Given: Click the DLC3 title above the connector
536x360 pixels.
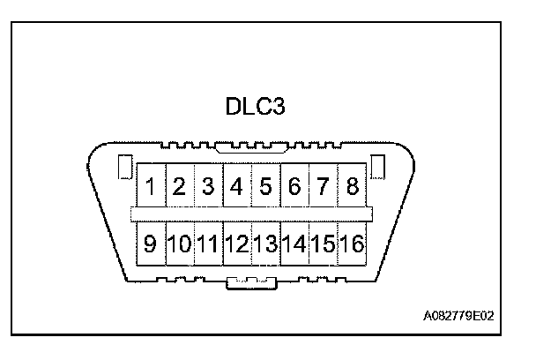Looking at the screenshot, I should pyautogui.click(x=255, y=108).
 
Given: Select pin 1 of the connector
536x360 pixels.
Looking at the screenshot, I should pyautogui.click(x=151, y=187).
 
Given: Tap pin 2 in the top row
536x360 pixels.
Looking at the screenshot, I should pyautogui.click(x=179, y=187).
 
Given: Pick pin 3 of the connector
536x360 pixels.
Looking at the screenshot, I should pyautogui.click(x=208, y=187).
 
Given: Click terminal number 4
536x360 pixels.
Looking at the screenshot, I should pyautogui.click(x=237, y=187).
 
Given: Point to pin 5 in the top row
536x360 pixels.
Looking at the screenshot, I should pyautogui.click(x=265, y=187).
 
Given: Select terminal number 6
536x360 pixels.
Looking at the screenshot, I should pyautogui.click(x=294, y=187).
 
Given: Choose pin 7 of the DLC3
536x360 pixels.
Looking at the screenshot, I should pyautogui.click(x=324, y=187).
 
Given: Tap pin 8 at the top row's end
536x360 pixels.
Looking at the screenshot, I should pyautogui.click(x=353, y=187).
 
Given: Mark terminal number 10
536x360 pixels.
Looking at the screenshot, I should pyautogui.click(x=179, y=243).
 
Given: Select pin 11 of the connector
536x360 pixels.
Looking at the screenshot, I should pyautogui.click(x=208, y=243).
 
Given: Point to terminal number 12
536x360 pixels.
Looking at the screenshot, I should pyautogui.click(x=237, y=243).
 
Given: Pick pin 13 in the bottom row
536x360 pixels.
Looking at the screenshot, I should pyautogui.click(x=265, y=243).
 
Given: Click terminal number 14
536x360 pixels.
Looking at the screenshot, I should pyautogui.click(x=294, y=243).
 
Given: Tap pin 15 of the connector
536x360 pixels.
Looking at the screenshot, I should pyautogui.click(x=324, y=243).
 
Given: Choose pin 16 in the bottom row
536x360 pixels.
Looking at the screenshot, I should pyautogui.click(x=353, y=243).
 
